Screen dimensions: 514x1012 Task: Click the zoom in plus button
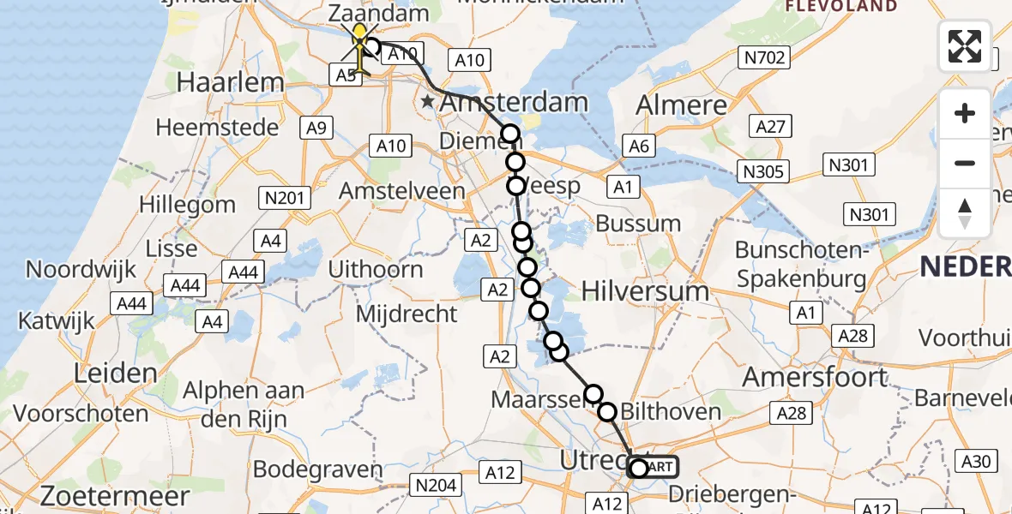[x=965, y=113]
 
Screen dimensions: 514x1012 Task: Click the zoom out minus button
[x=965, y=163]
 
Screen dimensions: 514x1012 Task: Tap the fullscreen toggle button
[x=965, y=45]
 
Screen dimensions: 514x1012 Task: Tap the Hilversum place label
[x=645, y=291]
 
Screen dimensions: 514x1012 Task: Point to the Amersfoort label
[x=815, y=377]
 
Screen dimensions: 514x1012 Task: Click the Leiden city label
[x=115, y=374]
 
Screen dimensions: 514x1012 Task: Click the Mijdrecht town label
[x=407, y=314]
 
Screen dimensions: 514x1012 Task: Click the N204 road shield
[x=435, y=486]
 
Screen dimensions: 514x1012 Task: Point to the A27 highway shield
[x=768, y=127]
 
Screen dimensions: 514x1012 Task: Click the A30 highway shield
[x=976, y=462]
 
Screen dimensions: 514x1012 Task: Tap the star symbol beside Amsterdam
[x=428, y=102]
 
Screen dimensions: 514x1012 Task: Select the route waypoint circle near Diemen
[x=510, y=134]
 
